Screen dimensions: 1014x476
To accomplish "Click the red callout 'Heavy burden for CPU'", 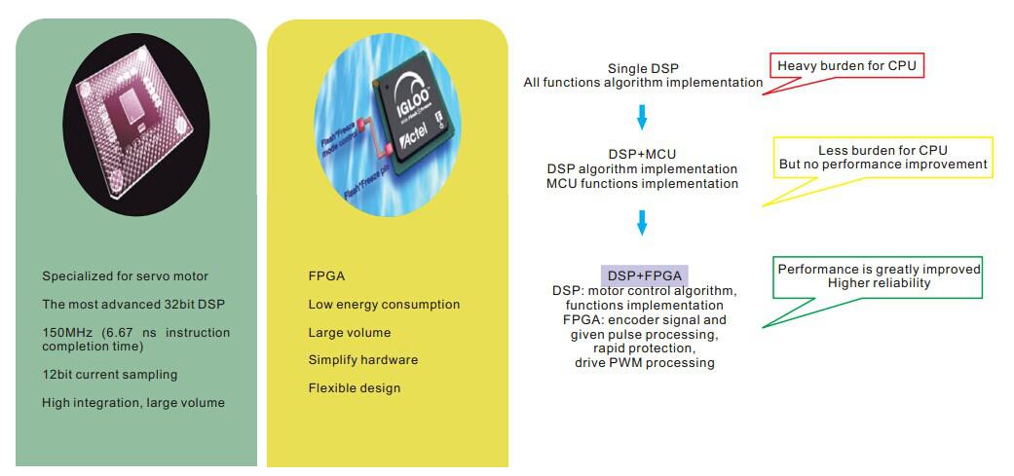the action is [846, 66].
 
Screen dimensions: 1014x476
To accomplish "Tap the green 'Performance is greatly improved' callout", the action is [880, 277].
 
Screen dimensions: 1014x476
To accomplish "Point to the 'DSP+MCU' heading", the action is [642, 154].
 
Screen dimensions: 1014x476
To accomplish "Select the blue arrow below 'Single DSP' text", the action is [642, 116].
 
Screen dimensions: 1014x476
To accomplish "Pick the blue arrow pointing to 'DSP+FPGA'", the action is [642, 222].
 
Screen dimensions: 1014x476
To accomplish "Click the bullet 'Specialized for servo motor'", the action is [126, 276].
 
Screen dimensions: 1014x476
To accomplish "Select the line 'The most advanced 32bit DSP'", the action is [133, 305].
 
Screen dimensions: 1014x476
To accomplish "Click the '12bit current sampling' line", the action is [109, 375].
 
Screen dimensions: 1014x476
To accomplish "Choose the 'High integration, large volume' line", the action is [133, 403].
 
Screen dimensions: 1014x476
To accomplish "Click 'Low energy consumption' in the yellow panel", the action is [384, 305].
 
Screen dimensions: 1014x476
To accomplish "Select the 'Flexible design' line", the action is [355, 388].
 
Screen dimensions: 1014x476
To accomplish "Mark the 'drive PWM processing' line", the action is [645, 362].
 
